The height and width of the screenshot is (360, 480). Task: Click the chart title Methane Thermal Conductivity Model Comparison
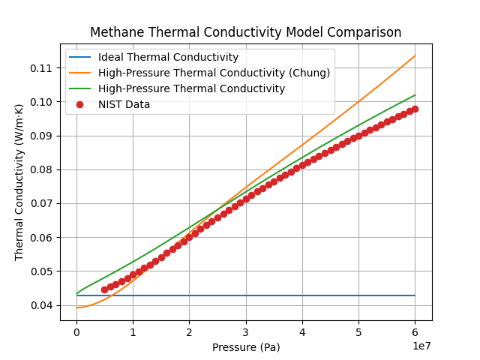click(245, 33)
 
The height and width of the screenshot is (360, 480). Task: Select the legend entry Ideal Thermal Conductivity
click(168, 57)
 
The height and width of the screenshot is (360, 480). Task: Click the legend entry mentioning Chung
click(214, 73)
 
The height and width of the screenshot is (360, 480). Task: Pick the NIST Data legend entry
click(124, 104)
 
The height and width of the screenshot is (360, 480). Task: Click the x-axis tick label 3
click(246, 332)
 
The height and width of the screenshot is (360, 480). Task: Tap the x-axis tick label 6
click(415, 332)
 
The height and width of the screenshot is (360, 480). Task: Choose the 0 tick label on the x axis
click(76, 332)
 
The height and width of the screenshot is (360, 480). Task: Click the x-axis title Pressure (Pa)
click(245, 347)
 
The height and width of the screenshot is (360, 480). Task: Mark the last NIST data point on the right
click(415, 109)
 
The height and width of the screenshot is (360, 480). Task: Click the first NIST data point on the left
click(105, 289)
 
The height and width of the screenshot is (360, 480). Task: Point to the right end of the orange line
click(415, 55)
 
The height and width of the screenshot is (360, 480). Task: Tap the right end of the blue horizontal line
click(415, 295)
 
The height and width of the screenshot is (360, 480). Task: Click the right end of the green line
click(415, 95)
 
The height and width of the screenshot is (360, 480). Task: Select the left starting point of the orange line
click(76, 307)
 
